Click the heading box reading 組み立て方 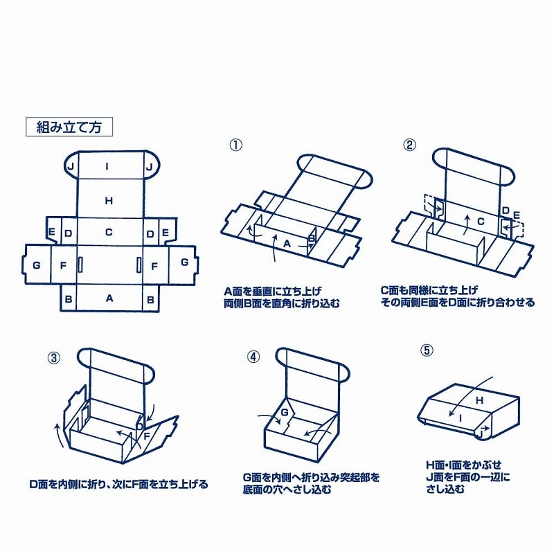(69, 127)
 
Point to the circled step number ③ (53, 358)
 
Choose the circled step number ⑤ (427, 350)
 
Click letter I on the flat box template (107, 166)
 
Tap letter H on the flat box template (108, 201)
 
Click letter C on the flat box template (108, 233)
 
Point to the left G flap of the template (36, 264)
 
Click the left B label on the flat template (69, 298)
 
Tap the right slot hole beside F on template (138, 264)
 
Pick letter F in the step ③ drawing (147, 436)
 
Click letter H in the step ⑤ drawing (479, 400)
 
